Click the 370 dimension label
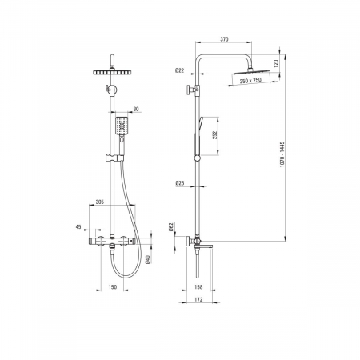tap(224, 39)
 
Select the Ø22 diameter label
tap(180, 70)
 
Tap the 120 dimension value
tap(276, 63)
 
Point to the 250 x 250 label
tap(250, 80)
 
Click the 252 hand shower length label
tap(215, 135)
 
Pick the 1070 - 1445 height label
tap(282, 154)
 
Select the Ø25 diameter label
tap(180, 183)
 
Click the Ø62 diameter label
tap(171, 226)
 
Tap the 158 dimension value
tap(198, 287)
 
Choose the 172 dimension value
tap(198, 299)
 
